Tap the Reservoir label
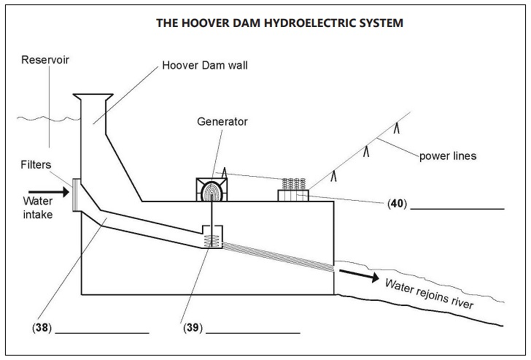point(45,60)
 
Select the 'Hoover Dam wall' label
point(205,65)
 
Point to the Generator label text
point(222,121)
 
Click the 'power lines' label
point(447,155)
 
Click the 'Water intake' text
point(38,207)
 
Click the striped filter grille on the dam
point(75,195)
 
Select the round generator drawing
point(212,190)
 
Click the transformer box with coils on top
point(293,190)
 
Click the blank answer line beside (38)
point(102,333)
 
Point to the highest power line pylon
point(397,129)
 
